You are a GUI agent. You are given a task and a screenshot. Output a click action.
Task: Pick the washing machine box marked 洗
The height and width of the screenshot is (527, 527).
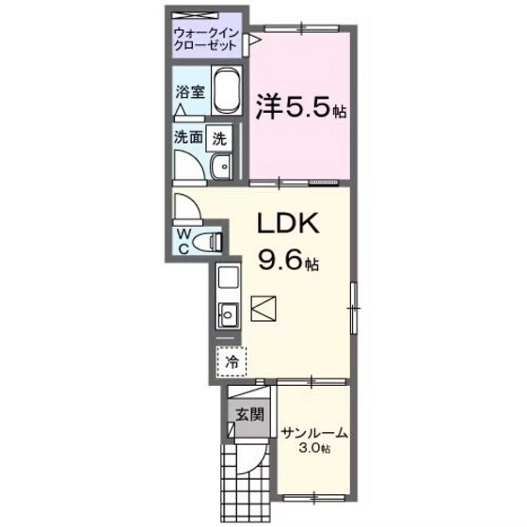click(x=219, y=137)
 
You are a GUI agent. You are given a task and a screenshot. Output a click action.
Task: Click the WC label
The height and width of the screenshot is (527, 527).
click(x=183, y=243)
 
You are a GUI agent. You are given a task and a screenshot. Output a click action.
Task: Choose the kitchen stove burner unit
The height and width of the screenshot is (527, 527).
click(x=228, y=278)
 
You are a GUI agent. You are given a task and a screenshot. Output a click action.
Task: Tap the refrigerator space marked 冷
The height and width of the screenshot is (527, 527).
click(x=231, y=359)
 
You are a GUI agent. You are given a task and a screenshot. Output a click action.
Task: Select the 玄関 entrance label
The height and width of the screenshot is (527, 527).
click(x=244, y=414)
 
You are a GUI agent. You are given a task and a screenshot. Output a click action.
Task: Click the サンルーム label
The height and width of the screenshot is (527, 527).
click(x=314, y=434)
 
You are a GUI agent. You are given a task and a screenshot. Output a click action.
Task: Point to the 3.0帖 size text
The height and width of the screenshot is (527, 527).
click(x=315, y=449)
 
